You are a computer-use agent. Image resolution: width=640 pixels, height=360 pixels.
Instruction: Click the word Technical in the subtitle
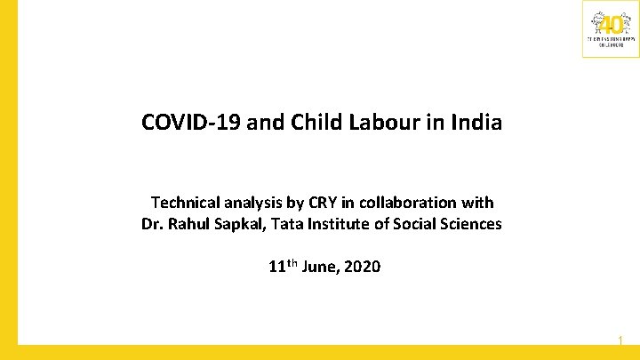pos(184,204)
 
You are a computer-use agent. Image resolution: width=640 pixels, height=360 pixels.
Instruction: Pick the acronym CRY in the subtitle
pos(317,204)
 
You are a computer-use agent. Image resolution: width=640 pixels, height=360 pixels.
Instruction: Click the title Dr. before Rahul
pos(152,224)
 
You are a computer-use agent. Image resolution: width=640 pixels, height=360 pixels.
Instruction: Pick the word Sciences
pos(468,224)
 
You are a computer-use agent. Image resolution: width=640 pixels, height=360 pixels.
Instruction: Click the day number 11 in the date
pos(276,266)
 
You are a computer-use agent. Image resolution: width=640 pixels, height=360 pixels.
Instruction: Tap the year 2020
pos(362,266)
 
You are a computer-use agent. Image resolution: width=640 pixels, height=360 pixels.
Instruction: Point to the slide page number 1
pos(620,340)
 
